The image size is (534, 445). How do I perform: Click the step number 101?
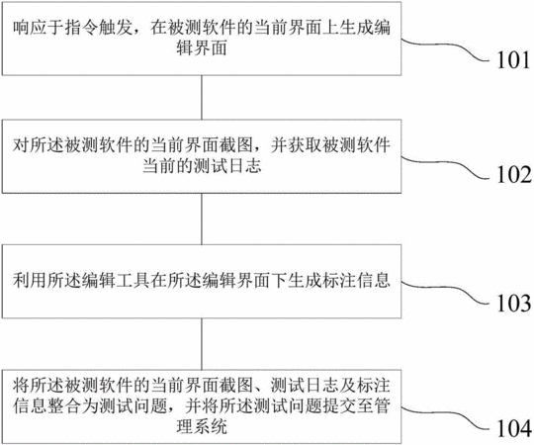pyautogui.click(x=513, y=60)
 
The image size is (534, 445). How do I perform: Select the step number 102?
pyautogui.click(x=514, y=175)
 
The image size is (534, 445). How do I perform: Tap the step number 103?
pyautogui.click(x=514, y=303)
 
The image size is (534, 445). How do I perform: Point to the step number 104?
pyautogui.click(x=514, y=428)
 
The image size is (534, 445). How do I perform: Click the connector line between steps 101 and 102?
pyautogui.click(x=202, y=97)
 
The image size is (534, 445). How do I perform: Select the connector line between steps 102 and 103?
pyautogui.click(x=202, y=219)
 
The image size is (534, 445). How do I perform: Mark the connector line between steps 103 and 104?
pyautogui.click(x=202, y=344)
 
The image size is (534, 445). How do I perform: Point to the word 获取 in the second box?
pyautogui.click(x=305, y=145)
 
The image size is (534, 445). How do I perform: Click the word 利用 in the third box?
pyautogui.click(x=30, y=280)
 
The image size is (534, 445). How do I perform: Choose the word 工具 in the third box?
pyautogui.click(x=133, y=280)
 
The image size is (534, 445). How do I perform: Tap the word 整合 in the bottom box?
pyautogui.click(x=64, y=405)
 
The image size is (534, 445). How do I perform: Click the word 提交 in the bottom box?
pyautogui.click(x=339, y=405)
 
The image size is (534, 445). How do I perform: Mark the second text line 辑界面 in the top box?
pyautogui.click(x=202, y=48)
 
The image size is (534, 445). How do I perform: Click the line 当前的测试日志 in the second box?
pyautogui.click(x=202, y=166)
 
